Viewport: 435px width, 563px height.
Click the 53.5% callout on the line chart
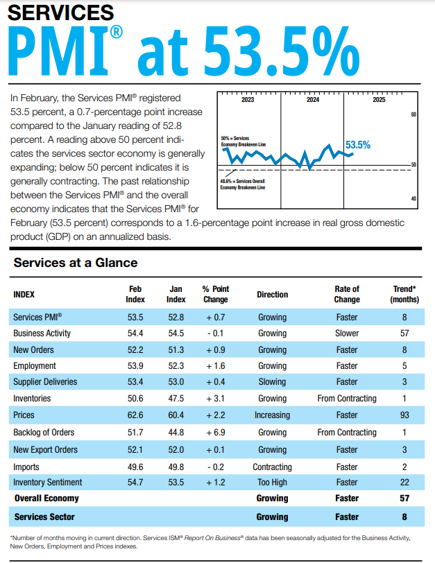click(358, 145)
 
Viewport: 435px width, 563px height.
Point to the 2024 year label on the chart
click(313, 100)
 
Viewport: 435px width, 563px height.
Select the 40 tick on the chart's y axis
click(413, 199)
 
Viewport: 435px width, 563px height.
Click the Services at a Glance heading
click(76, 263)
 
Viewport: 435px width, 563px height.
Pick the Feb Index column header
click(135, 294)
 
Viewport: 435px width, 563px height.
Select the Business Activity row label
click(42, 334)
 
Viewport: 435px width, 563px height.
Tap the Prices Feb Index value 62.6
click(135, 415)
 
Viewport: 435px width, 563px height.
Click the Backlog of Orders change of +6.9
click(215, 432)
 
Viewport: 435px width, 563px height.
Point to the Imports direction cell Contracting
click(272, 467)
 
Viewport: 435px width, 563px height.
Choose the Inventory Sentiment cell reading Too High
click(272, 482)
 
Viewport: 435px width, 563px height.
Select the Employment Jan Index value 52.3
click(176, 366)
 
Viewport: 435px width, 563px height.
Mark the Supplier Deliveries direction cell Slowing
click(272, 382)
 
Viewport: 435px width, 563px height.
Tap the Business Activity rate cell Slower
click(346, 334)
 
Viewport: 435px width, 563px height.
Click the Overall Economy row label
click(46, 499)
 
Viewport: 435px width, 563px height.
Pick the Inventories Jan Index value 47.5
click(176, 399)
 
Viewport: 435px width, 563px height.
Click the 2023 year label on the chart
click(248, 100)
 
